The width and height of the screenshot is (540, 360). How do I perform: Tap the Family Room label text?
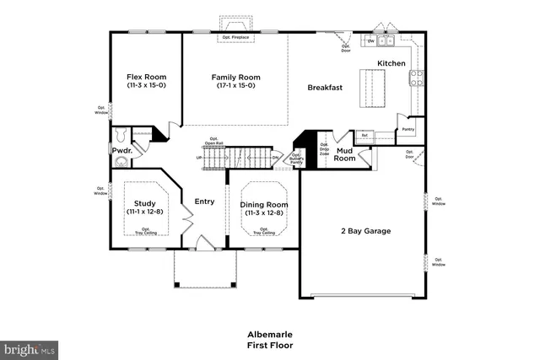point(235,77)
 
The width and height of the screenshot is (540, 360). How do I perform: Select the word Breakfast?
point(324,87)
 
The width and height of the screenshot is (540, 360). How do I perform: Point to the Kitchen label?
point(391,63)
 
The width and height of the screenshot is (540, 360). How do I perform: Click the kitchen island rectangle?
point(372,86)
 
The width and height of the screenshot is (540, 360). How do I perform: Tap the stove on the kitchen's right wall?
point(416,78)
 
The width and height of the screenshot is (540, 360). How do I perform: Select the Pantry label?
point(408,129)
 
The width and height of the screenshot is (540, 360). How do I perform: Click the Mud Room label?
point(344,155)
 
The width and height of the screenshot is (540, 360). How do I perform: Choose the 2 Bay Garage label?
point(364,231)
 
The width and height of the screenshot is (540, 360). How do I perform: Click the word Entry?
point(204,201)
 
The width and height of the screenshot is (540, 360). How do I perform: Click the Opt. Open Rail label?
point(213,142)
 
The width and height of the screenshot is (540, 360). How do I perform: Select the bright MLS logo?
point(29,347)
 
